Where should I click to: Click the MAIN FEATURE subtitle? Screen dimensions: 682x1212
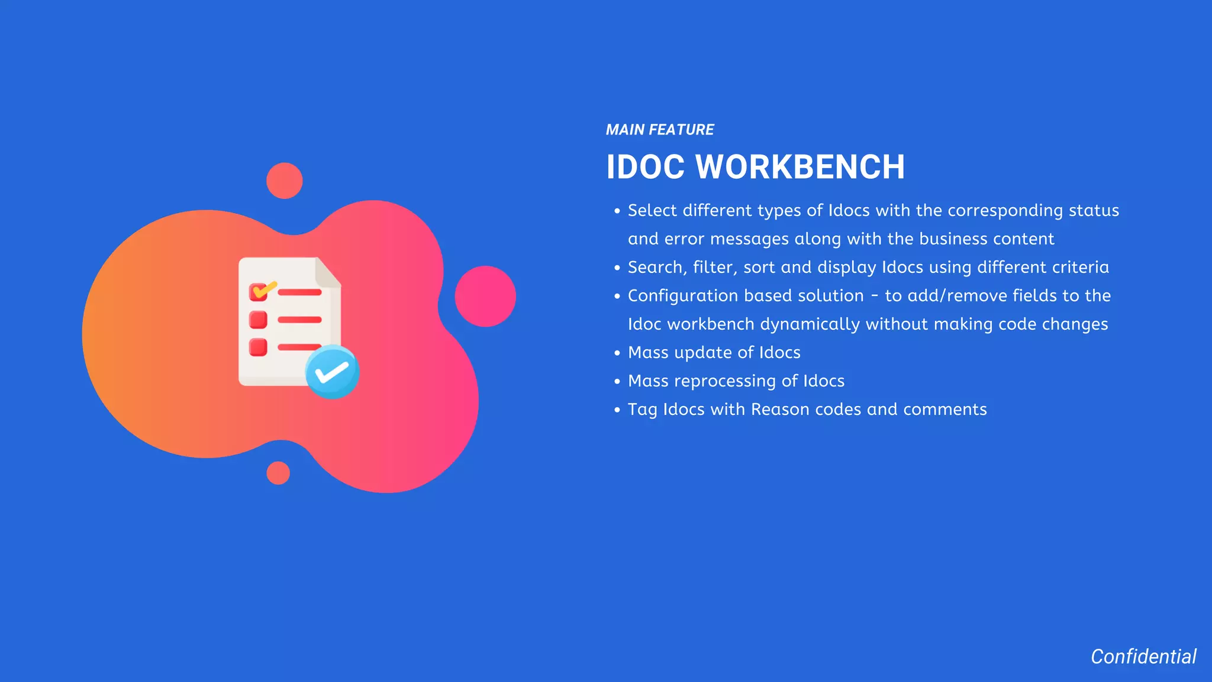point(659,130)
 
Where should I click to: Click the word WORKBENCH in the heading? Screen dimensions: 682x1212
point(800,167)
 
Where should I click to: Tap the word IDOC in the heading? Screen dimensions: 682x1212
point(645,167)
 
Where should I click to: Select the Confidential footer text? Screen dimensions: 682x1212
point(1143,657)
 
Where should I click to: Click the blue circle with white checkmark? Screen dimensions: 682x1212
point(332,372)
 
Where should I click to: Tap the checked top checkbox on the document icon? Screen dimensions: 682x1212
point(259,292)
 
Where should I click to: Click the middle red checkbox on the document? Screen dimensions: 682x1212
point(258,320)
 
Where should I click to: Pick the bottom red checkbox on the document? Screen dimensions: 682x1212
point(258,347)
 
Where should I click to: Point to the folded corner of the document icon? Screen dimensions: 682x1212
point(327,272)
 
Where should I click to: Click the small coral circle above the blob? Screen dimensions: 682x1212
point(284,181)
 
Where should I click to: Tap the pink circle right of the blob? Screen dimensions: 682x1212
point(485,296)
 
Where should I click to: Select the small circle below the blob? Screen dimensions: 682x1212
point(278,473)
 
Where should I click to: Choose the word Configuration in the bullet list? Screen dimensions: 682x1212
point(686,296)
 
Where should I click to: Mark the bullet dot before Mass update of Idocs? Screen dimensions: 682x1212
point(617,353)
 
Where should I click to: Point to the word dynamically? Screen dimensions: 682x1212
point(810,324)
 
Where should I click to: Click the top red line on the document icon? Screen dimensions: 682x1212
point(299,292)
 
